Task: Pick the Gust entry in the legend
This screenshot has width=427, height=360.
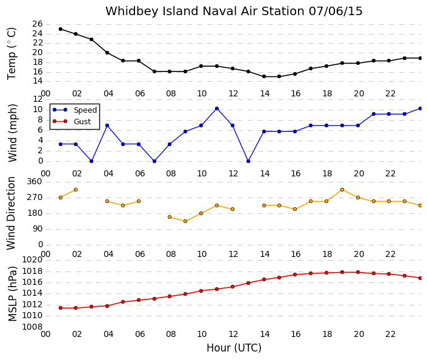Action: click(72, 121)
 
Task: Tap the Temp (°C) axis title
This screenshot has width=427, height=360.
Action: click(12, 54)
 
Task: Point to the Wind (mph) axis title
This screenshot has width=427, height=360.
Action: click(13, 133)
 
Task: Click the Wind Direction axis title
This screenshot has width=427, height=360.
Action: click(11, 213)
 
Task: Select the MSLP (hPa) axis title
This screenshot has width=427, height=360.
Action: click(13, 294)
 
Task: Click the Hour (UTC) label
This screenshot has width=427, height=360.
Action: click(234, 348)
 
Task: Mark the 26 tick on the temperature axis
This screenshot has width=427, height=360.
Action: click(38, 24)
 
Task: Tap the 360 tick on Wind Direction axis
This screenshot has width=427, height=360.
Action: click(35, 181)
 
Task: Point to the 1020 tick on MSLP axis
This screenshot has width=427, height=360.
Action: click(32, 260)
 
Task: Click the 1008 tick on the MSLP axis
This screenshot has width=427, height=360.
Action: click(32, 327)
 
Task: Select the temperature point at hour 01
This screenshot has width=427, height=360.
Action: click(61, 29)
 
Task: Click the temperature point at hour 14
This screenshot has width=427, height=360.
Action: click(264, 76)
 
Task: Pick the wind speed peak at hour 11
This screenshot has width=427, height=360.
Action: click(217, 108)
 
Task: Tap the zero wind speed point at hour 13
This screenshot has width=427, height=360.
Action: click(248, 161)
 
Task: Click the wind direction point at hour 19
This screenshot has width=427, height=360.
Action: click(342, 190)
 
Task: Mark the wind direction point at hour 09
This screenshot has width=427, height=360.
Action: click(185, 221)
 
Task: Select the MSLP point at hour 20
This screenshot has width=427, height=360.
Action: click(358, 272)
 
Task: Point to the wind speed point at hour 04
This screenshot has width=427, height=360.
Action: click(107, 125)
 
